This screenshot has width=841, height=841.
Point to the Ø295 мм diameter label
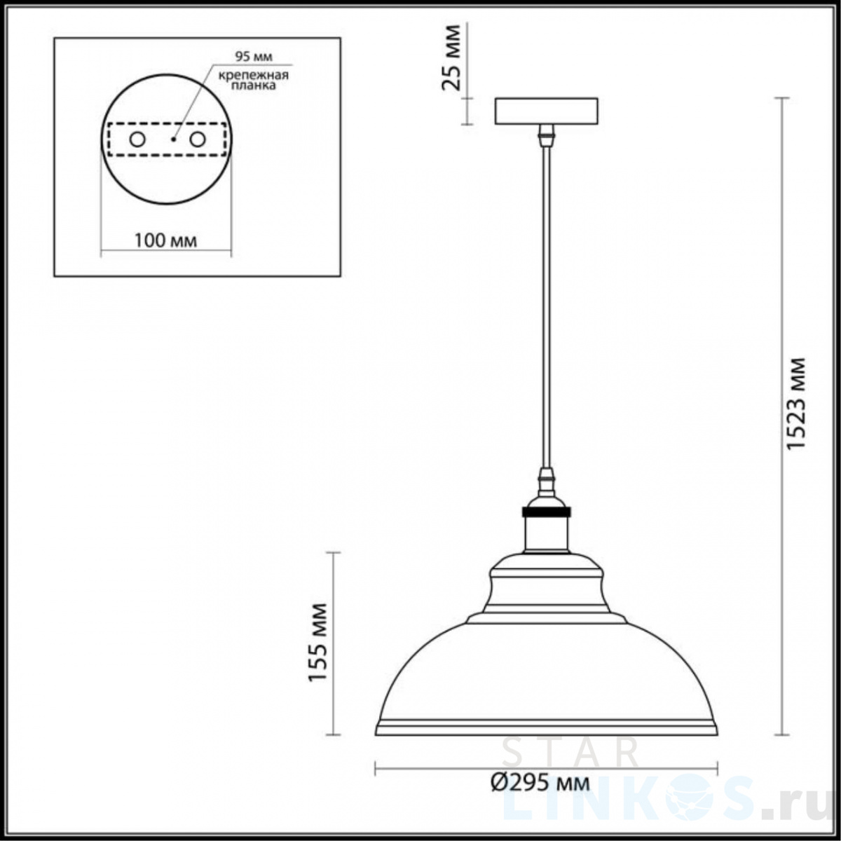point(540,784)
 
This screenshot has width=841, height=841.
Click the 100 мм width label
point(165,240)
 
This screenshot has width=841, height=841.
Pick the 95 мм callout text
point(254,56)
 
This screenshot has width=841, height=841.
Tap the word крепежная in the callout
point(254,75)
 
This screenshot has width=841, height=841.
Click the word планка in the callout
point(254,86)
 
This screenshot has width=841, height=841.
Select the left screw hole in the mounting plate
point(137,139)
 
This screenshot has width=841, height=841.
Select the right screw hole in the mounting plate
point(197,139)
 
